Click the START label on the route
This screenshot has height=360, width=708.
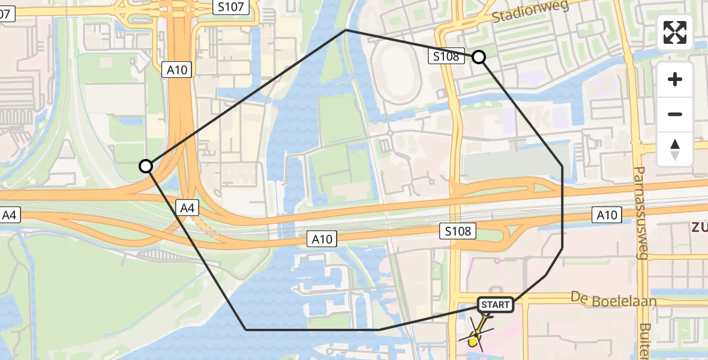point(495,305)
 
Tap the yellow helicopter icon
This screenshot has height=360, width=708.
point(476,338)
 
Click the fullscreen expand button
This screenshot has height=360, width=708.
point(675,32)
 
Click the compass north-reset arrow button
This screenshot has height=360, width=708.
point(675,149)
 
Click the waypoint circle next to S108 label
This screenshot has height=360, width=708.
point(479,57)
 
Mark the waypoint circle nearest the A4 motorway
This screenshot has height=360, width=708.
point(146,166)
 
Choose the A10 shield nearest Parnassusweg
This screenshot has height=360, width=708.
point(607,215)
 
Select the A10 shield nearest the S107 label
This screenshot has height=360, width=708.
point(177,70)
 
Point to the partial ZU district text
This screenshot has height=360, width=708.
point(699,227)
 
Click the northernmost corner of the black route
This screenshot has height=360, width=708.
point(346,29)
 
